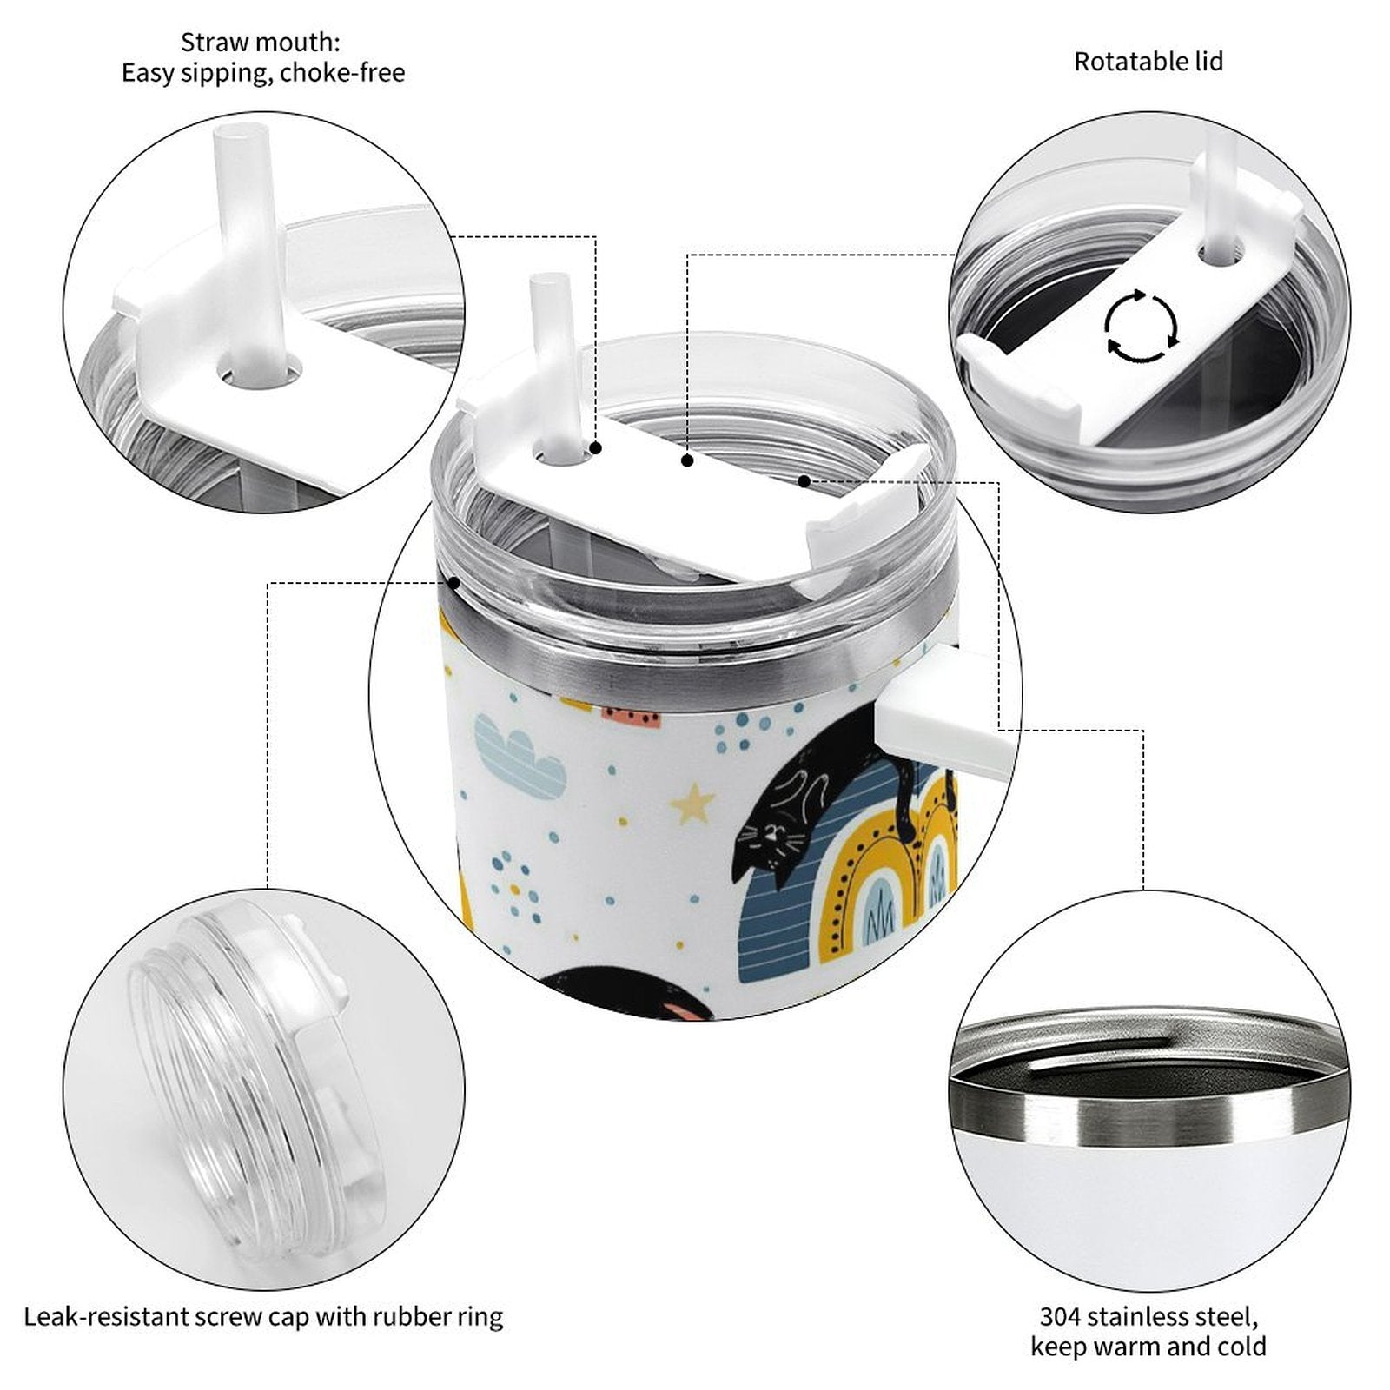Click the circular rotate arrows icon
[x=1142, y=327]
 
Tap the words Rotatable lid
[x=1148, y=62]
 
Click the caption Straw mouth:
[x=261, y=42]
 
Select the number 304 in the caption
[x=1061, y=1316]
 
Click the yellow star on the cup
[x=692, y=804]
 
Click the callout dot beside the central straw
[x=596, y=448]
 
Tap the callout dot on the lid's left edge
[x=453, y=583]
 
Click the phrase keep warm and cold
[x=1148, y=1347]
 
